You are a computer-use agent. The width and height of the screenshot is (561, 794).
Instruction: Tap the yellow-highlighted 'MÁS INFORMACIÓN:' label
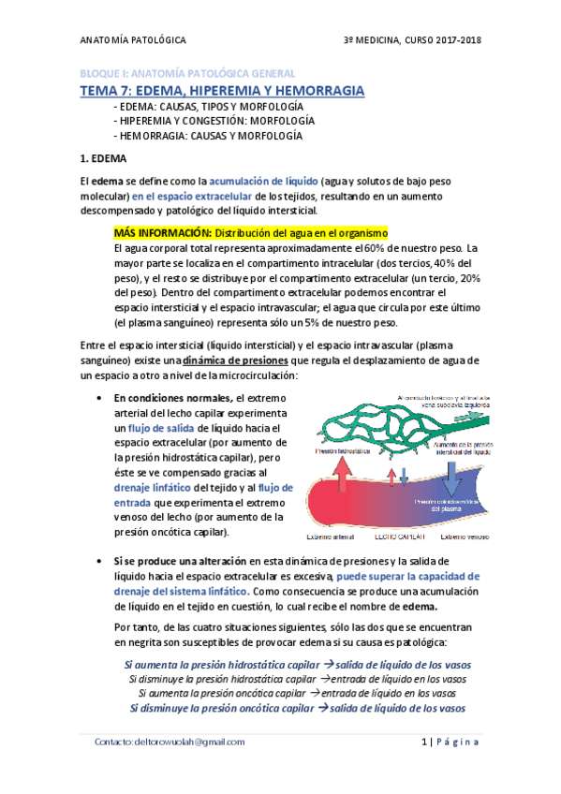[162, 232]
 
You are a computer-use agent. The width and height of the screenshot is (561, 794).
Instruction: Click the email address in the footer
[170, 741]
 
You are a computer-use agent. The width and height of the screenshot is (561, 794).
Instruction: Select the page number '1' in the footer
[424, 742]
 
